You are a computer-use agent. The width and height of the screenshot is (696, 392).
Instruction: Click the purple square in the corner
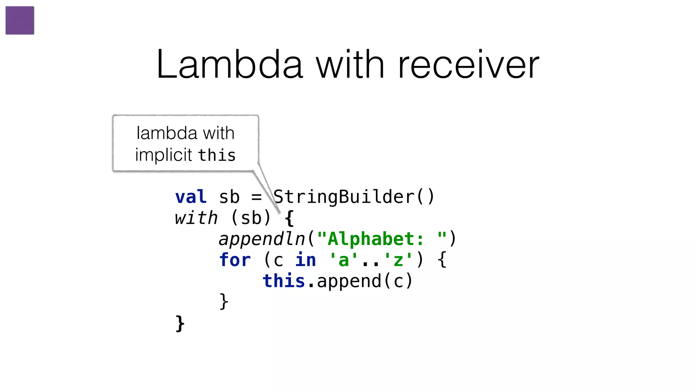(x=20, y=20)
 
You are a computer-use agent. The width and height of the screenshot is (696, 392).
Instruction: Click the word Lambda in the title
(x=229, y=65)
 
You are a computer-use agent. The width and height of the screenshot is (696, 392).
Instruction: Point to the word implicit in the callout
(x=163, y=155)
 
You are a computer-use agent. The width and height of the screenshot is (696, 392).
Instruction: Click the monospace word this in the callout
(x=217, y=155)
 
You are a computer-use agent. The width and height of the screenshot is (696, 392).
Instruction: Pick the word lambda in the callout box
(x=167, y=133)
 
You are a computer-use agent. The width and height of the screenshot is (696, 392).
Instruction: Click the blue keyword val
(x=191, y=197)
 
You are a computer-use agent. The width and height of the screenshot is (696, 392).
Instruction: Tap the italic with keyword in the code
(x=196, y=218)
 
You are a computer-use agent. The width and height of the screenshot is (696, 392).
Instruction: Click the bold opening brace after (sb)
(x=289, y=218)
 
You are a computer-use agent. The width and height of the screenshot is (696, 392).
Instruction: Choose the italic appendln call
(x=262, y=239)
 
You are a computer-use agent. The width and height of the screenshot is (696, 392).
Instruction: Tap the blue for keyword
(x=235, y=260)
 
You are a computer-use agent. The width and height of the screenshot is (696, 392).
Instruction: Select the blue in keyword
(x=306, y=260)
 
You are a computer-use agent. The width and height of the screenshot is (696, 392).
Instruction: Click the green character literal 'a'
(x=344, y=260)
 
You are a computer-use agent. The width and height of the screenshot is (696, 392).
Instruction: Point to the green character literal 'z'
(x=398, y=260)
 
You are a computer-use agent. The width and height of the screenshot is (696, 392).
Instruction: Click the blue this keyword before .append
(x=284, y=281)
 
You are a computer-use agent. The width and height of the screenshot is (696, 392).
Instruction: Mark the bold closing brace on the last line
(x=180, y=323)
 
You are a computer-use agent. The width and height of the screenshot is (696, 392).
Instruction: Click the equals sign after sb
(x=257, y=197)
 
